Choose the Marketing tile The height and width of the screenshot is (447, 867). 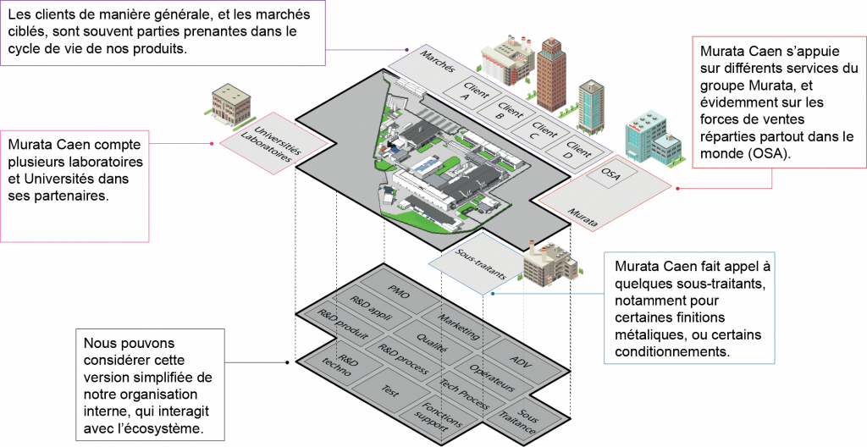[x=458, y=326]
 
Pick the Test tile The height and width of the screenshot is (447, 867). [x=390, y=391]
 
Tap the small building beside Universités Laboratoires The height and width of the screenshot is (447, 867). [x=230, y=104]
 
